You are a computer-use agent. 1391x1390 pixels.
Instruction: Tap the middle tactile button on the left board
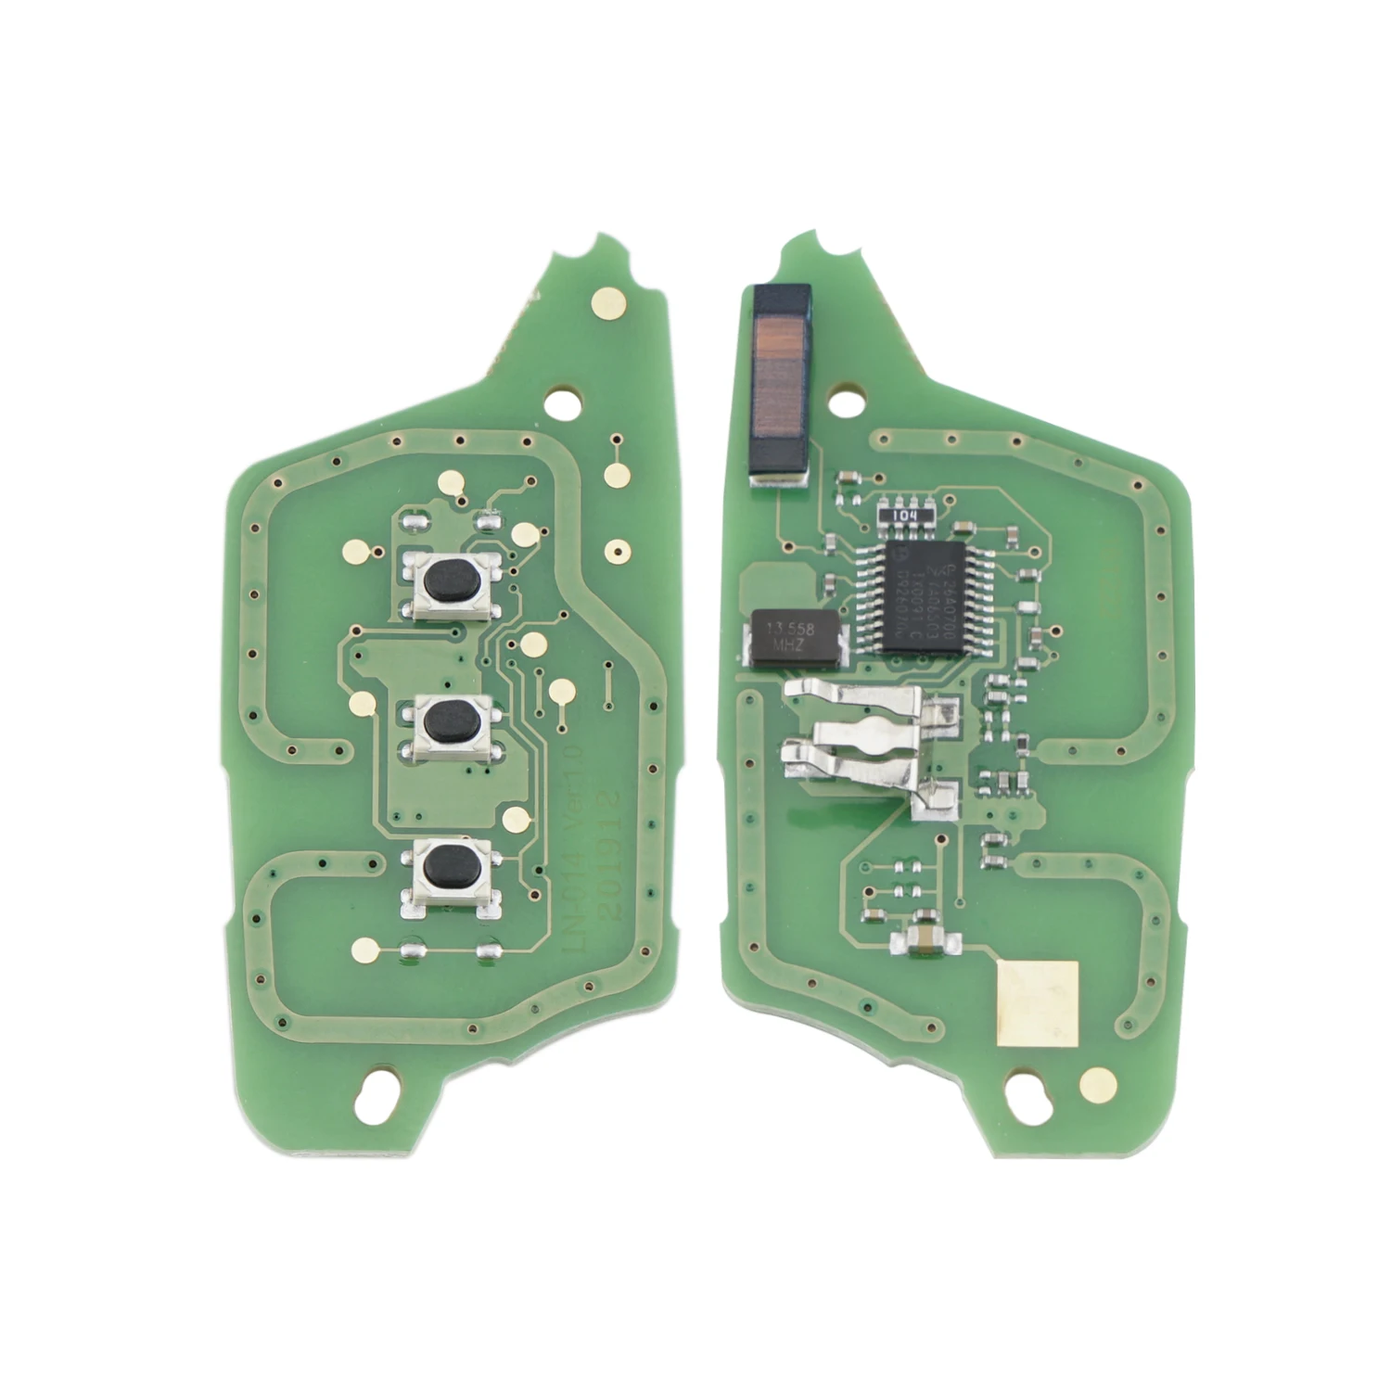pyautogui.click(x=448, y=721)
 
